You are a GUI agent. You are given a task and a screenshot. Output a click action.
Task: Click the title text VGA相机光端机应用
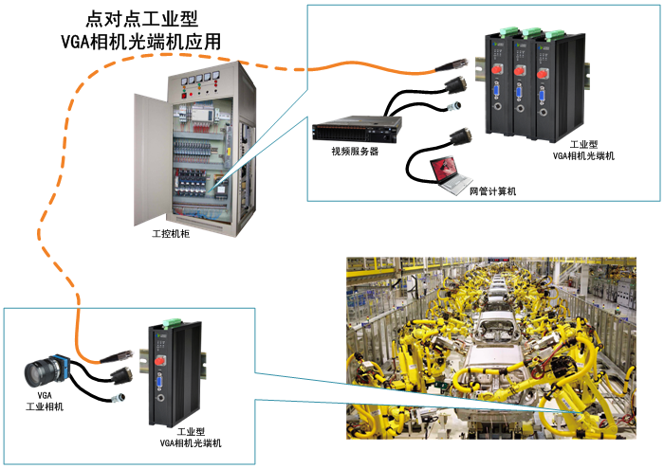tap(141, 42)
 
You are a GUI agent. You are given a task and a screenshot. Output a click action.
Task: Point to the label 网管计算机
tap(492, 190)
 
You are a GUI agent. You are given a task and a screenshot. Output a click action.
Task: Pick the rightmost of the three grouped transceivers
tap(549, 85)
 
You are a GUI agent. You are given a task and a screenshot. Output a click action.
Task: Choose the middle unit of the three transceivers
tap(524, 84)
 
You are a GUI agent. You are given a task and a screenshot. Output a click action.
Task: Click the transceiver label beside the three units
tap(583, 149)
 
